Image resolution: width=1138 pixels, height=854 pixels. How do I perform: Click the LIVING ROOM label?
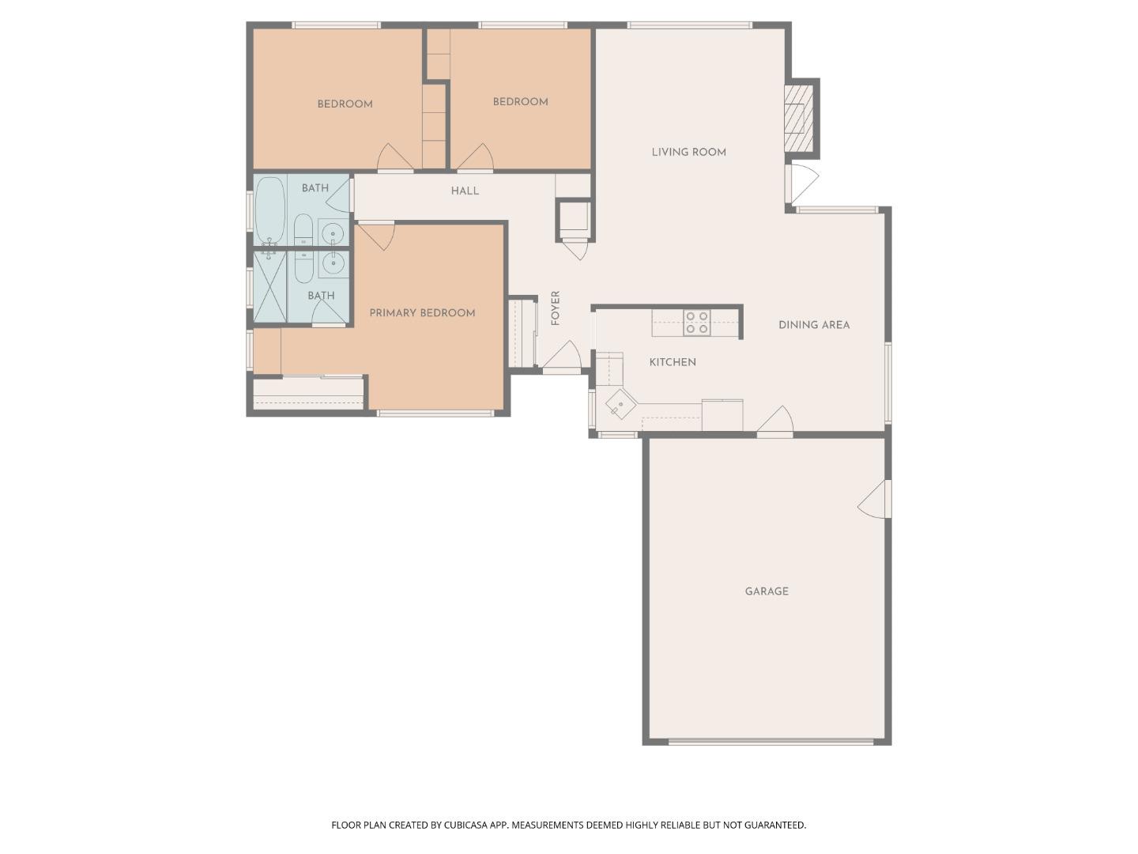[x=688, y=153]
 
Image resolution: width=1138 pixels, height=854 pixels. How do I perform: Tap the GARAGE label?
[x=767, y=591]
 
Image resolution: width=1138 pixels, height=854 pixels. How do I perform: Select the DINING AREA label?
[x=814, y=325]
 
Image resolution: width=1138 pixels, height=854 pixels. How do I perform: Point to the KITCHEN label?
[x=673, y=362]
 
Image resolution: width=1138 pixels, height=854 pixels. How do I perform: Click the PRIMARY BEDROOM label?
[x=422, y=313]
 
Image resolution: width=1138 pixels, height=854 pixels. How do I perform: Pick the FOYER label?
[x=556, y=308]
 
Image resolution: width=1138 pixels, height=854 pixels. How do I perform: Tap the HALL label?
[x=465, y=191]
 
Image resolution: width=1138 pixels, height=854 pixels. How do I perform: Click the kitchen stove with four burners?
[x=696, y=323]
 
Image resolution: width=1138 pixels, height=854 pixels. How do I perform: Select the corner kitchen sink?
[x=621, y=406]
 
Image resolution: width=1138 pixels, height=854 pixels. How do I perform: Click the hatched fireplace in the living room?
[x=798, y=118]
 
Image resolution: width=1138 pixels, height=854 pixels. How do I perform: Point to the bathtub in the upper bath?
[x=269, y=211]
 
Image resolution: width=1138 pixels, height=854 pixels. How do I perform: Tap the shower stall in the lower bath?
[x=269, y=287]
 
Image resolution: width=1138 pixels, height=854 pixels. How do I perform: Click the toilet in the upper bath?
[x=303, y=229]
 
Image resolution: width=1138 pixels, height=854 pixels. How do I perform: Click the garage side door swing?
[x=875, y=499]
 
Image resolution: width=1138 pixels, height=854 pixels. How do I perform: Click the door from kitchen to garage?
[x=775, y=422]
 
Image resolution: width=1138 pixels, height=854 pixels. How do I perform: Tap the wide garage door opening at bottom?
[x=771, y=742]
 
